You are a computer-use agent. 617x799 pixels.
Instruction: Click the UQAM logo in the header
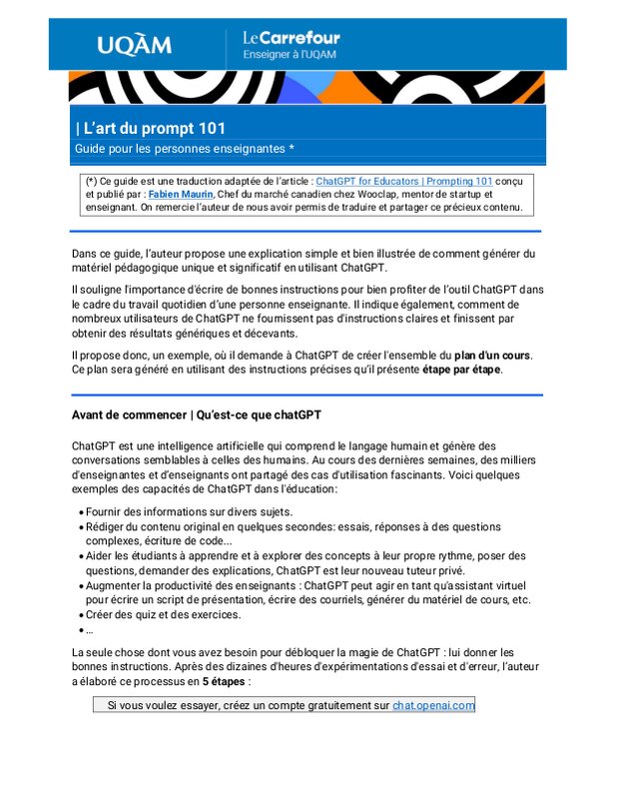(x=134, y=45)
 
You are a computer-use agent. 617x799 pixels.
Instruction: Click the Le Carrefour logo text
(x=292, y=38)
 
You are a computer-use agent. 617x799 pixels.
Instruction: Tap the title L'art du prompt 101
(x=151, y=128)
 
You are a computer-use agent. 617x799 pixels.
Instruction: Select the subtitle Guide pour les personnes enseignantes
(x=179, y=148)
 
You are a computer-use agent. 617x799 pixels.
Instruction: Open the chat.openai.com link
(x=433, y=705)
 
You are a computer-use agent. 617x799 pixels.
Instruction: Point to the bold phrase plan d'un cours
(x=492, y=355)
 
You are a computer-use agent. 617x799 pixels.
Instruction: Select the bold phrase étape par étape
(x=461, y=369)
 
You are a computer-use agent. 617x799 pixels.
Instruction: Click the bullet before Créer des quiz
(x=80, y=615)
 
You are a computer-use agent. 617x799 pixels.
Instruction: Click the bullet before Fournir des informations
(x=80, y=511)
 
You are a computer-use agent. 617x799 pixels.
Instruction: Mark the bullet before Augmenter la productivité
(x=80, y=585)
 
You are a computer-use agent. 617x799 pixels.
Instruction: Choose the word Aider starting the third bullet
(x=101, y=556)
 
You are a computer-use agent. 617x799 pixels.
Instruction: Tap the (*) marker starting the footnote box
(x=92, y=181)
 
